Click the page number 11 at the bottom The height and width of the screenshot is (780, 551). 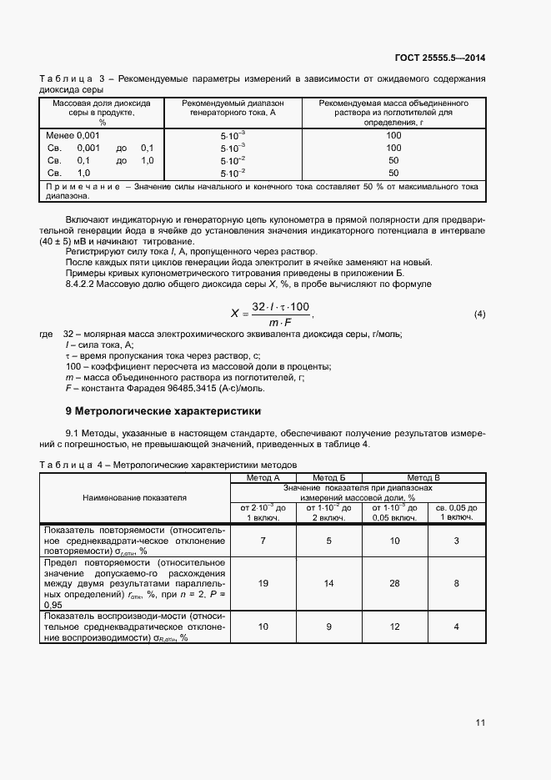pyautogui.click(x=480, y=722)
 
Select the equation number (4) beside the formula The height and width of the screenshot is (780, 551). pyautogui.click(x=479, y=314)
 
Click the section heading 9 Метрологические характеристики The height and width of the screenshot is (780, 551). pyautogui.click(x=163, y=411)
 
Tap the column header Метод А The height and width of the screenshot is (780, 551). pyautogui.click(x=263, y=477)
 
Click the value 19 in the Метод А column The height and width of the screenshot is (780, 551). pyautogui.click(x=263, y=583)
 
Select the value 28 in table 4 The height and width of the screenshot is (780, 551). pyautogui.click(x=395, y=583)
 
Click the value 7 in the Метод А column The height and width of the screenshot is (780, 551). pyautogui.click(x=263, y=541)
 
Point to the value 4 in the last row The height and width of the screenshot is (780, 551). pyautogui.click(x=456, y=626)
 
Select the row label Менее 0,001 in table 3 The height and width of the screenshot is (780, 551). pyautogui.click(x=73, y=135)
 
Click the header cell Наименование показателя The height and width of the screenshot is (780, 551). pyautogui.click(x=134, y=497)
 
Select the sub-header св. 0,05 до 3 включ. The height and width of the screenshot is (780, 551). pyautogui.click(x=456, y=512)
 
